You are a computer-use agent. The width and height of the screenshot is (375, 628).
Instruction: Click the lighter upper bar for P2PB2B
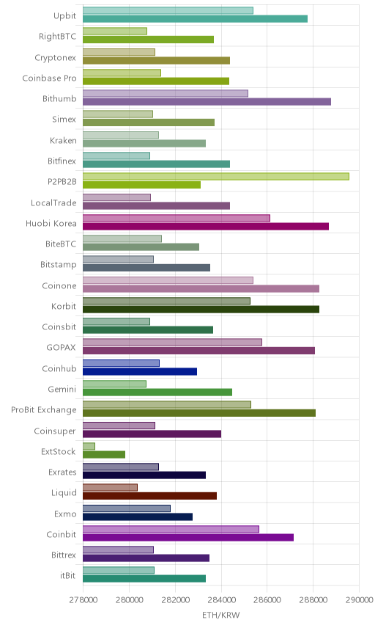point(216,176)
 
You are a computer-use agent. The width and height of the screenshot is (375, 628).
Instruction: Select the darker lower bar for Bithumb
point(207,102)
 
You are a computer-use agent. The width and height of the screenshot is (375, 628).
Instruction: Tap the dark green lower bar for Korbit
point(201,309)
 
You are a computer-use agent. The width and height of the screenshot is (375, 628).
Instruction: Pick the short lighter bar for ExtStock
point(89,446)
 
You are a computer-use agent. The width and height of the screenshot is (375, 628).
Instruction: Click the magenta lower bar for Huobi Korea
point(206,226)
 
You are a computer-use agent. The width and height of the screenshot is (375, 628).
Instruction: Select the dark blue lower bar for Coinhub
point(140,372)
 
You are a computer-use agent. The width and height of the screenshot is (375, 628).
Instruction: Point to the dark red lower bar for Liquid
point(150,496)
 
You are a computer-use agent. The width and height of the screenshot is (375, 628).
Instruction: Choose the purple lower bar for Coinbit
point(188,538)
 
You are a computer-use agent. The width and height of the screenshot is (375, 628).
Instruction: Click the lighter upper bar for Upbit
point(168,10)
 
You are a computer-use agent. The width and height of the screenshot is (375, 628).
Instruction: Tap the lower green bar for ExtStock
point(104,455)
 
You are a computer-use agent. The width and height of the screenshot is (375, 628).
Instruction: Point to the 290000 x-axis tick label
point(360,600)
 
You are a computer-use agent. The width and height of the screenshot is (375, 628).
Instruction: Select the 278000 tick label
point(83,600)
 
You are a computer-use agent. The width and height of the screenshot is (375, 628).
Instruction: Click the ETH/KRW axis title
point(221,616)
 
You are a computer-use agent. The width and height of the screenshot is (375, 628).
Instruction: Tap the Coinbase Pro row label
point(49,78)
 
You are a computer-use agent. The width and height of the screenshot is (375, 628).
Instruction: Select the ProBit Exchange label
point(43,410)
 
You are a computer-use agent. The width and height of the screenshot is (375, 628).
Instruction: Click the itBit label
point(68,575)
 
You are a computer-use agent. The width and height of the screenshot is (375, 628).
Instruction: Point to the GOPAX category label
point(62,348)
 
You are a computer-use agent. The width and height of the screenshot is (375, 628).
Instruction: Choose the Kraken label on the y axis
point(63,141)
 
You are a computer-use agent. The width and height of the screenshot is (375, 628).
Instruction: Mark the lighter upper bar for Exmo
point(127,508)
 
